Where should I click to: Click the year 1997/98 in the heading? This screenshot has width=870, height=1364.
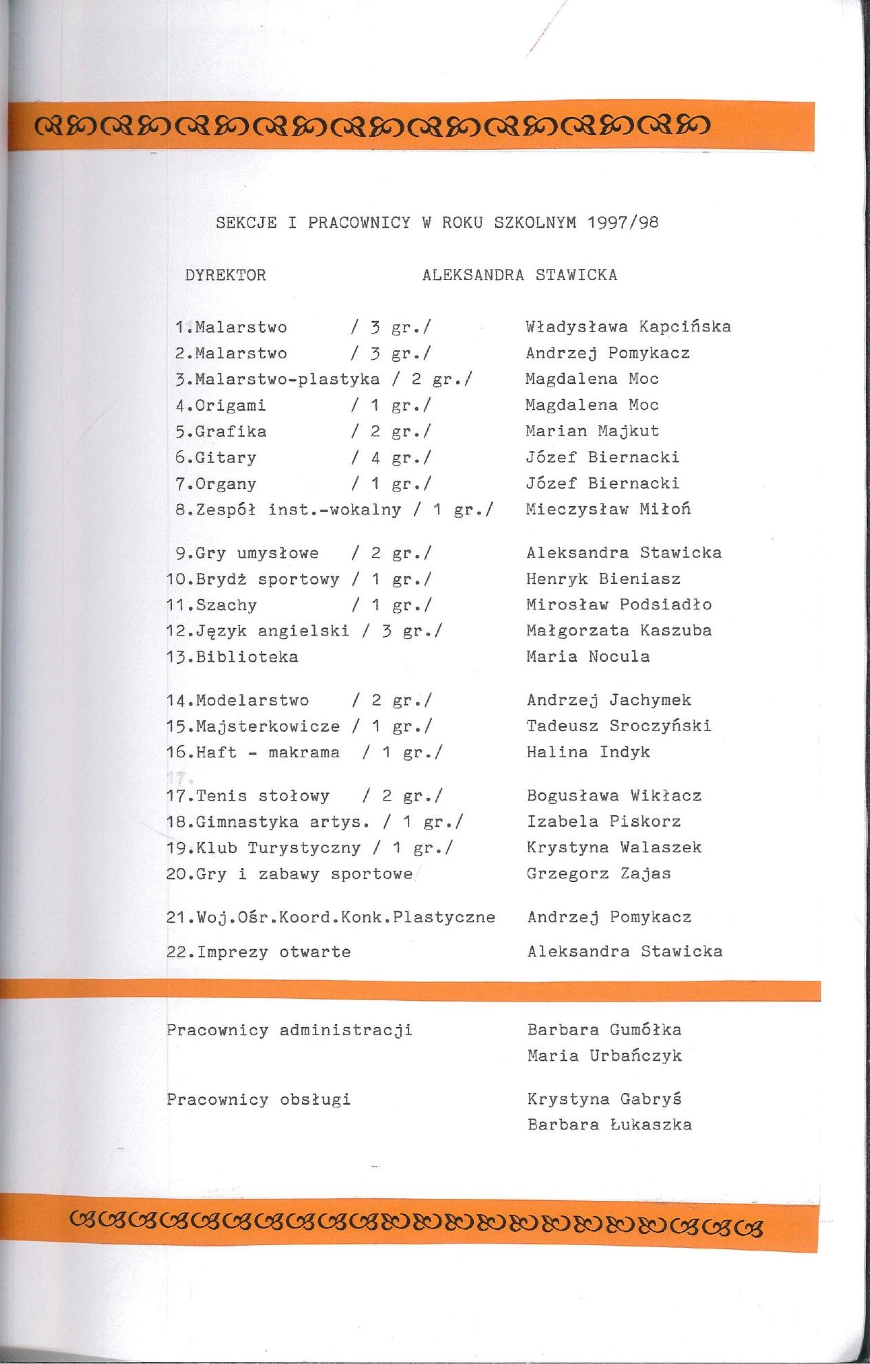click(623, 222)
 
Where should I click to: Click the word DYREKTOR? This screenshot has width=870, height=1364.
click(226, 275)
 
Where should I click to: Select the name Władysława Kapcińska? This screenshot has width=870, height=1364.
click(628, 327)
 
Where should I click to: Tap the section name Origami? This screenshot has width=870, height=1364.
click(230, 406)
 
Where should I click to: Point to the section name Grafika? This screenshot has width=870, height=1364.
click(230, 432)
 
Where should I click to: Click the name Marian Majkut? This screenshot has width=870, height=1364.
click(592, 431)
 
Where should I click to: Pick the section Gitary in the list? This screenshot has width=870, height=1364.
click(226, 458)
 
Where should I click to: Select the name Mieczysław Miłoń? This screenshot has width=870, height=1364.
click(608, 510)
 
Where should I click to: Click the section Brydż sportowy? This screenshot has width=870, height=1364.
click(268, 579)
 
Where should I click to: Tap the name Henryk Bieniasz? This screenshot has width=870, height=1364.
click(603, 579)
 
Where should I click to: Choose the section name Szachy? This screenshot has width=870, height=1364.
click(226, 605)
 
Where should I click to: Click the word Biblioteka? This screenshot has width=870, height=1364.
click(247, 657)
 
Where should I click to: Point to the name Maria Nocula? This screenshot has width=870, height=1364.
click(588, 656)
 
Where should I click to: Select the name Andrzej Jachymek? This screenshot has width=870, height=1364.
click(609, 700)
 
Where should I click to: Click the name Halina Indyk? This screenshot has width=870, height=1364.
click(588, 752)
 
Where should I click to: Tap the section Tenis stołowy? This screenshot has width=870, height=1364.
click(263, 796)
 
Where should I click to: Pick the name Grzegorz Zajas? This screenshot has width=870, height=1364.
click(598, 874)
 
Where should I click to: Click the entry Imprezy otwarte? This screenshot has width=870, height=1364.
click(274, 952)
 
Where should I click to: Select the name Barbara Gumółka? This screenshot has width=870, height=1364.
click(604, 1030)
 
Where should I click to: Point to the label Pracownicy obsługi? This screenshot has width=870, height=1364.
click(259, 1099)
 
